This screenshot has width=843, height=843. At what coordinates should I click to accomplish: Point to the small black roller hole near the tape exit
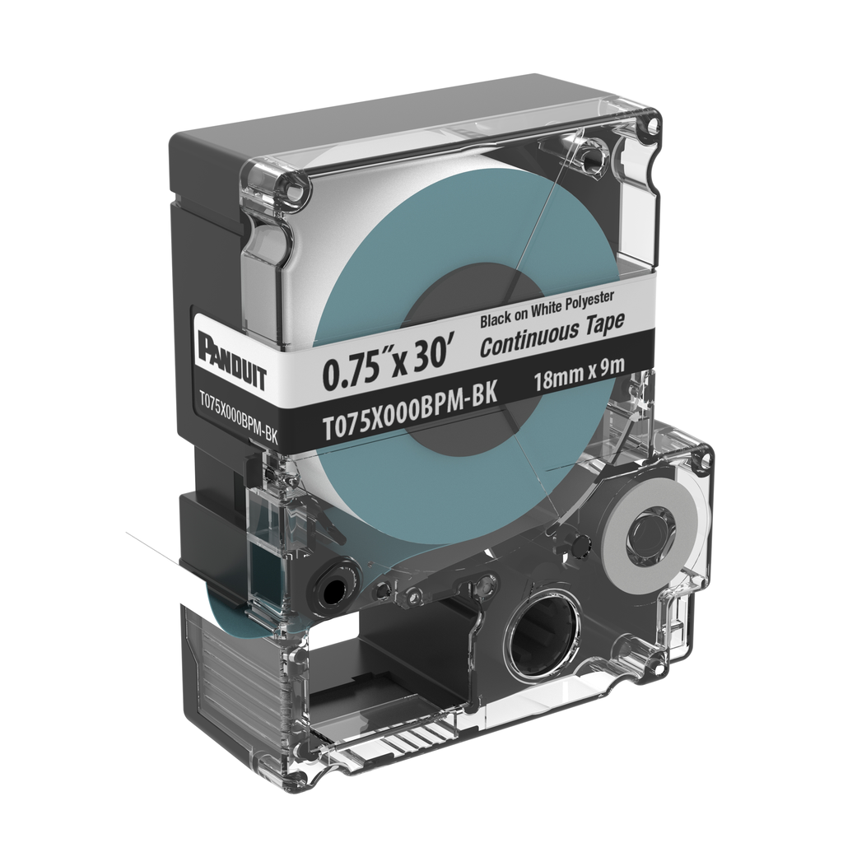coord(333,589)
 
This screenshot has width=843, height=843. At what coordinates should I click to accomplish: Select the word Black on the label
coord(496,319)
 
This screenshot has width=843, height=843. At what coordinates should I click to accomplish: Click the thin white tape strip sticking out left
coord(156,552)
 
